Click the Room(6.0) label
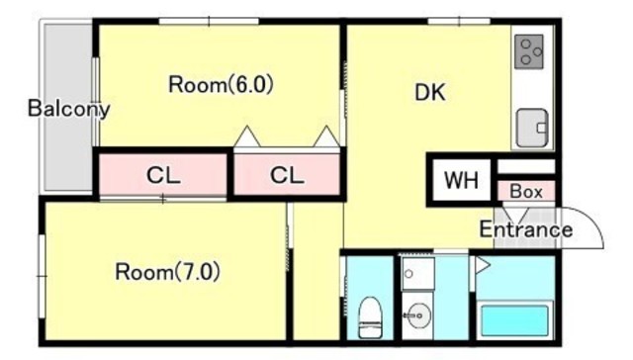click(221, 85)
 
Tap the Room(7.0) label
click(167, 272)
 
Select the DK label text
click(430, 92)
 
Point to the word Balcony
click(68, 109)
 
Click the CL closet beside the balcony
click(163, 174)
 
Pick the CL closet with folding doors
click(287, 174)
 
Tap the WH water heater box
click(462, 180)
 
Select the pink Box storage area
click(526, 191)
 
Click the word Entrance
click(526, 229)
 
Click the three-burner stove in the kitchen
click(529, 51)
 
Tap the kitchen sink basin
click(532, 128)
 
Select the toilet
click(370, 317)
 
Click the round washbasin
click(418, 315)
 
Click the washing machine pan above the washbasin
click(418, 273)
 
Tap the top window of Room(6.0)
click(209, 21)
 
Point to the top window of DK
click(459, 21)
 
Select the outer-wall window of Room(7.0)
click(42, 276)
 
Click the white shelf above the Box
click(526, 166)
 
